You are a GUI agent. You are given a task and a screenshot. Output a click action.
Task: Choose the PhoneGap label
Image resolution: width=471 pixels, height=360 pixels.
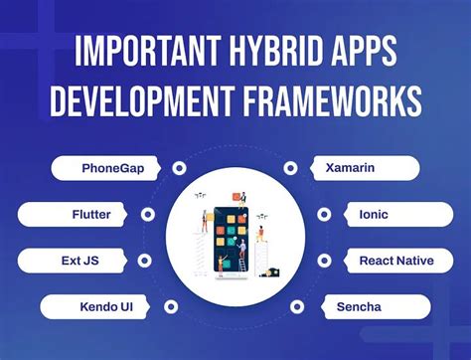coord(112,168)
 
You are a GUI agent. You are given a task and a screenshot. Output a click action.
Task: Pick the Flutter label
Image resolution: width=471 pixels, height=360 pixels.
coord(90,214)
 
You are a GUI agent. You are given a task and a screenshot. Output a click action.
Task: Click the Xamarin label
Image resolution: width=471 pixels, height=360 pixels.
coord(350,168)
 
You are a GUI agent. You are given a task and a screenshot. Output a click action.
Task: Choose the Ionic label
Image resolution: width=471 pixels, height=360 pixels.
coord(373,214)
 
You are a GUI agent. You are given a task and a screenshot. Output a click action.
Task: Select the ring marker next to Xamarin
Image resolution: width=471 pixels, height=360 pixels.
coord(290,168)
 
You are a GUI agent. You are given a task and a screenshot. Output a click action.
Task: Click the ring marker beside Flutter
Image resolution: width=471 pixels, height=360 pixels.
coord(147,214)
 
